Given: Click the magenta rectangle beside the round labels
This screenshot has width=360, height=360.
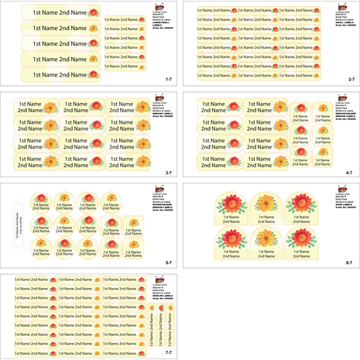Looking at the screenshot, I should tap(16, 225).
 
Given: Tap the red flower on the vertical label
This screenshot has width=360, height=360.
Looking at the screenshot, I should tap(162, 312).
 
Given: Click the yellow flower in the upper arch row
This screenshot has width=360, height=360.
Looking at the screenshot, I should tap(266, 204).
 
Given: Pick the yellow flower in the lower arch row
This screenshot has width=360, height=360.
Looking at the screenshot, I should tap(266, 238).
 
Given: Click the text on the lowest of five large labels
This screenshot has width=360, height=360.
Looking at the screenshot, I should tap(54, 75).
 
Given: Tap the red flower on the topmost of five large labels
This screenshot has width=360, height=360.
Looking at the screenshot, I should tap(94, 13).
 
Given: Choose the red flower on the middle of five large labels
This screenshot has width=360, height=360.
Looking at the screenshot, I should tap(94, 43).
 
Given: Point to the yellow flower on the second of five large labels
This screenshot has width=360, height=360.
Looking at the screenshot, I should tap(94, 28).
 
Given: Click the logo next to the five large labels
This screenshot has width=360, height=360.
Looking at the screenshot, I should tap(159, 8).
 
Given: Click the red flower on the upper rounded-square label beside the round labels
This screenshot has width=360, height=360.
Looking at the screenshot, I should tap(133, 222).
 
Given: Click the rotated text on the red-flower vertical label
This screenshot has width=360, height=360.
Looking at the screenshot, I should tap(162, 331).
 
